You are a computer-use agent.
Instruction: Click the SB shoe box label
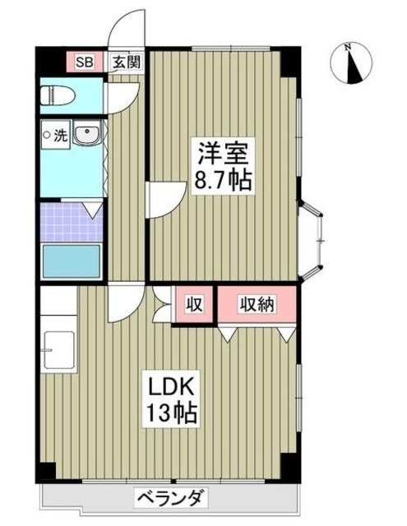(83, 62)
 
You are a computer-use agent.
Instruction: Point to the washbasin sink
(86, 135)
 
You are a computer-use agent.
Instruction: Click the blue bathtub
(72, 261)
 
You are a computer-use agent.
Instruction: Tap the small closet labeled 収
(194, 304)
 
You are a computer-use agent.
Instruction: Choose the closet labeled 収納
(257, 304)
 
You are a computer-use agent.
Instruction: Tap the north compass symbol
(351, 63)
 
